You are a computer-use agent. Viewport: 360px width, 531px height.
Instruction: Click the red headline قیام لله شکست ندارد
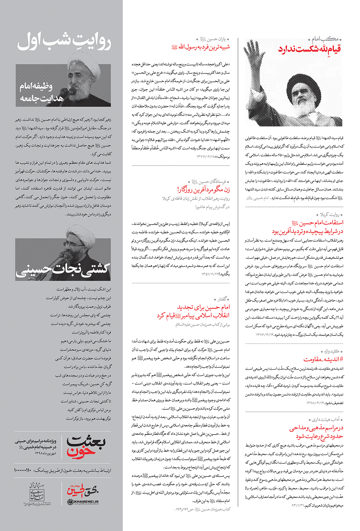click(x=309, y=49)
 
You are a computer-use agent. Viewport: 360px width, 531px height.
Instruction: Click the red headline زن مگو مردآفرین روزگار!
click(x=203, y=189)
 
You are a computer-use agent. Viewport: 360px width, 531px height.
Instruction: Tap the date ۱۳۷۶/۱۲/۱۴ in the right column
click(x=265, y=334)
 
